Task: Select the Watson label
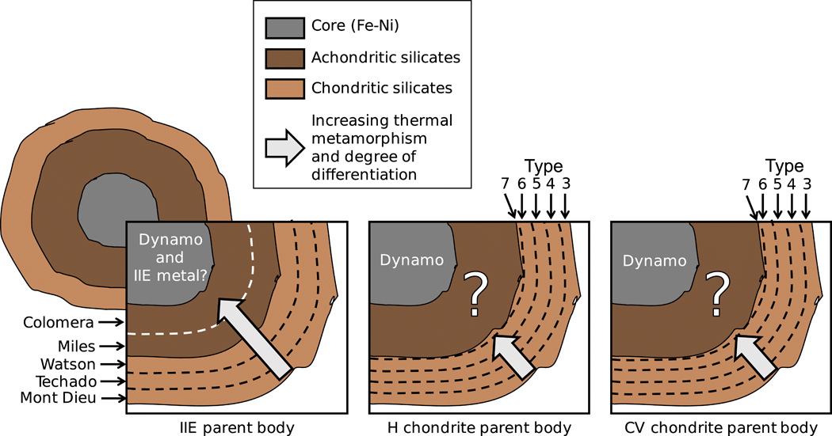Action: coord(71,365)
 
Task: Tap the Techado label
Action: coord(69,381)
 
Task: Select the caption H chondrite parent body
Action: coord(479,428)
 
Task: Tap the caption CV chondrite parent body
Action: coord(720,428)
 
